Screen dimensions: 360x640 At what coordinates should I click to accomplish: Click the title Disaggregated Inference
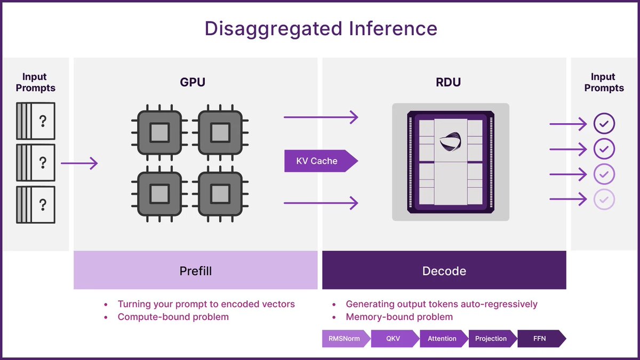(321, 28)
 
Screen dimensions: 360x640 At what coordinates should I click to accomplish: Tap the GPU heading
(193, 82)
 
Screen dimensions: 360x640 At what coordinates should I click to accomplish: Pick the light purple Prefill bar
(195, 270)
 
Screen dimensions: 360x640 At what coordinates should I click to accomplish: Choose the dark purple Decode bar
(444, 270)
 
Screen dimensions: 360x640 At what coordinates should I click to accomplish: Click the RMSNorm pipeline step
(345, 339)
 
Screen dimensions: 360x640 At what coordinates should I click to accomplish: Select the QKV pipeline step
(394, 339)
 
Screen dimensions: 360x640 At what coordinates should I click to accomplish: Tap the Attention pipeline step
(442, 339)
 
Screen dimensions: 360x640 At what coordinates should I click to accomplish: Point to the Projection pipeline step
(491, 339)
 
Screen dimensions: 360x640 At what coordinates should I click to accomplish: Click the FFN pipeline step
(540, 339)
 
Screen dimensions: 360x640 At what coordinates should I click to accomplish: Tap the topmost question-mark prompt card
(36, 121)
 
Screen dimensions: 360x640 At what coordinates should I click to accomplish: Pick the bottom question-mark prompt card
(36, 204)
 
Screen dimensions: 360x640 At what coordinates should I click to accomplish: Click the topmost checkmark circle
(604, 124)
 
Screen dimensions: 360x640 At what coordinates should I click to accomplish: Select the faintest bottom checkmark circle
(604, 199)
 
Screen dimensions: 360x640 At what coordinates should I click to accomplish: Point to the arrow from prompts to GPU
(79, 163)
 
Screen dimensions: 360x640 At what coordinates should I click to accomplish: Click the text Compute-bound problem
(173, 317)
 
